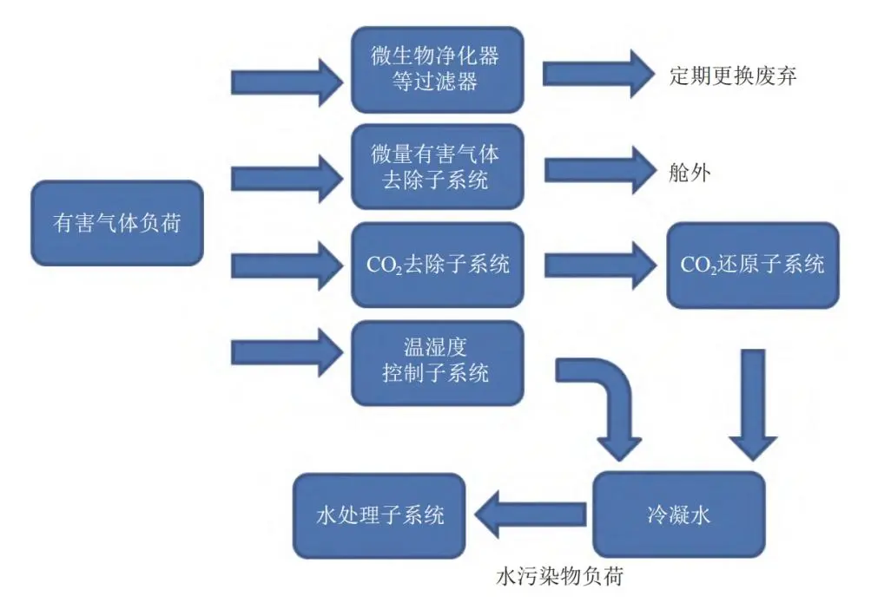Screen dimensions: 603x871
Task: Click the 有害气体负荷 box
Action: click(116, 223)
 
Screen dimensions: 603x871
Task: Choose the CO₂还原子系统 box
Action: click(752, 265)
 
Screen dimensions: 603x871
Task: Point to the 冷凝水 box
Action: click(678, 515)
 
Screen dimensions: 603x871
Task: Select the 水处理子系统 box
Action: click(379, 515)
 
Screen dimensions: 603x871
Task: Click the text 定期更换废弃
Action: click(733, 75)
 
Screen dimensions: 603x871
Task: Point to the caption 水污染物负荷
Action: click(560, 576)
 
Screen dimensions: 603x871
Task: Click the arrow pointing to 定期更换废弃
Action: click(597, 74)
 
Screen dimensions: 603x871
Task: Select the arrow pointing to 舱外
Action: click(597, 171)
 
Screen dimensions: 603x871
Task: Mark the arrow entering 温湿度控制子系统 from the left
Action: click(287, 351)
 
